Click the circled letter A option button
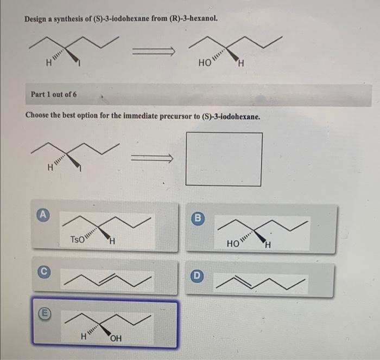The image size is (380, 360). point(42,215)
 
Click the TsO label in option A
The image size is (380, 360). point(77,239)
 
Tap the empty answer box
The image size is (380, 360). point(224,159)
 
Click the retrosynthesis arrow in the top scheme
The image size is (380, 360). point(156,52)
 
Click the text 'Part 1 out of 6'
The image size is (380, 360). point(54,94)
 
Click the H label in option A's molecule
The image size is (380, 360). point(110,241)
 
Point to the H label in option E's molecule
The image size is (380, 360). point(84,336)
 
